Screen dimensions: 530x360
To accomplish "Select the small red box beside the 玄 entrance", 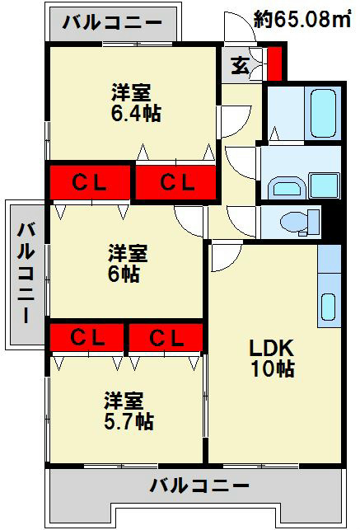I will (274, 63).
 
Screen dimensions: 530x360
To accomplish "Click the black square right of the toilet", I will (334, 221).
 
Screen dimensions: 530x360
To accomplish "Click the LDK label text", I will (272, 348).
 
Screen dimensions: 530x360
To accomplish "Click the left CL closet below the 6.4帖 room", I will (90, 182).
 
